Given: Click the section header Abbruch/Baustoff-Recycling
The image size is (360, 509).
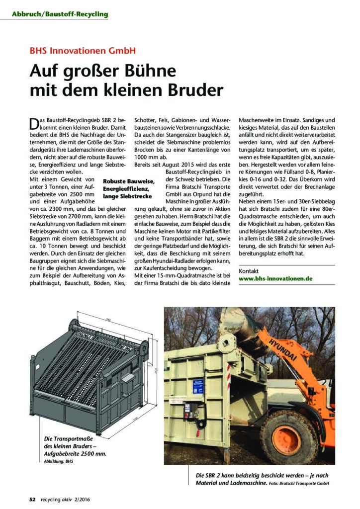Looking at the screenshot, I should point(60,14).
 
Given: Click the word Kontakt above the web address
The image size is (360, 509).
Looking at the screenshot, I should point(250,270).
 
